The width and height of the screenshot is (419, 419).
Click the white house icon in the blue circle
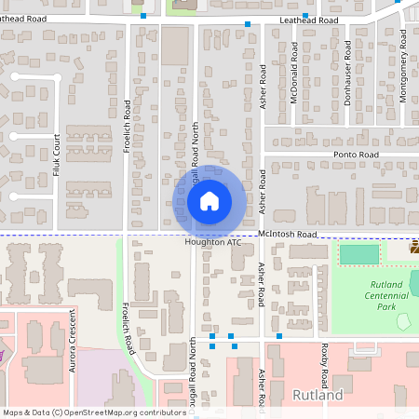209,199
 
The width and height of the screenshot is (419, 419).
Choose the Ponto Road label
357,155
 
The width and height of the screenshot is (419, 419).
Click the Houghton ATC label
213,243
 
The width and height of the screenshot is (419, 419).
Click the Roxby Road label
324,369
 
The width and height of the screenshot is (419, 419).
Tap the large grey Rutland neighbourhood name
318,395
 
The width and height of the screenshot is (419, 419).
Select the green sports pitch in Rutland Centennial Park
359,254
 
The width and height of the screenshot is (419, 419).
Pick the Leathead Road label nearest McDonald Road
307,20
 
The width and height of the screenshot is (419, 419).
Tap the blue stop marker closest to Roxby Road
279,335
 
